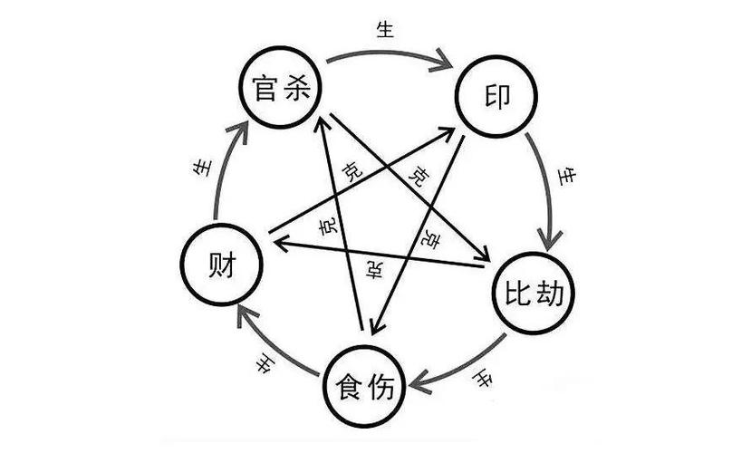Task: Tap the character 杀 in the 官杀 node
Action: tap(296, 87)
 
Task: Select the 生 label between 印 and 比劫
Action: tap(568, 178)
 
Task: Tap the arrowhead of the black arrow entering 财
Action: tap(282, 242)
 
